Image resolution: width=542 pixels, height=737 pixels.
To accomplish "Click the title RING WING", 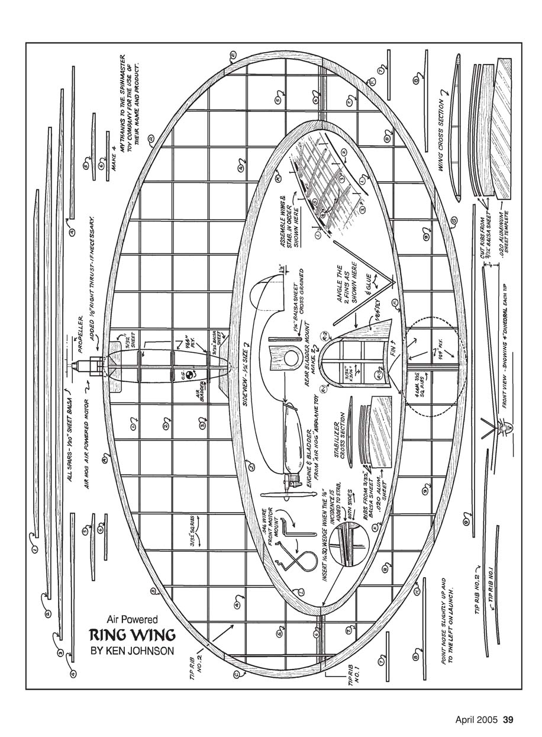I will tap(132, 635).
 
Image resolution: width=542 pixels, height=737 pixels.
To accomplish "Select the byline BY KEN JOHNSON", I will tap(132, 652).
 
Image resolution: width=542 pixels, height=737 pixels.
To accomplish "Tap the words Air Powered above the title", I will tap(132, 620).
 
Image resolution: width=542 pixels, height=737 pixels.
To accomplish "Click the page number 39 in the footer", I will tap(508, 720).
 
